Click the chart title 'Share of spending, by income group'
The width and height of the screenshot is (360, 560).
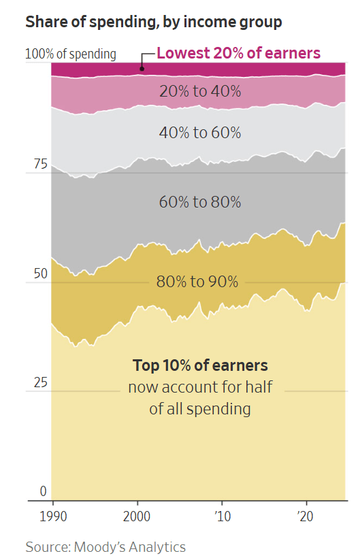point(154,22)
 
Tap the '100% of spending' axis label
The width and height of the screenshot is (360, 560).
point(71,54)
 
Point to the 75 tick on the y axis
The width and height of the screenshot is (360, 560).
point(40,164)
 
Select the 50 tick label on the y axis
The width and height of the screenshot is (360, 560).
point(40,274)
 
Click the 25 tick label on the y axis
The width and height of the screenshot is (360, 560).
point(40,382)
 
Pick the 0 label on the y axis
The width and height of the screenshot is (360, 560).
point(44,491)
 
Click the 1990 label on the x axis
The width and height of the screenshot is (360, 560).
point(53,516)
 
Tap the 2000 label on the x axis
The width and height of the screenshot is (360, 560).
point(137,516)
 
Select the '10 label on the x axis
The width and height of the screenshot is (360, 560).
point(223,516)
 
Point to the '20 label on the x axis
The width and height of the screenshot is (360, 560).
point(305,516)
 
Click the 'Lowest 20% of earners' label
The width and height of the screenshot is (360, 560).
point(239,53)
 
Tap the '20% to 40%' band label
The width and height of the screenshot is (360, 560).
point(200,91)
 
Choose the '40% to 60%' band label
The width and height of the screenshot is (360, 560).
point(200,133)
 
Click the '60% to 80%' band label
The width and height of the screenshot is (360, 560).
point(200,202)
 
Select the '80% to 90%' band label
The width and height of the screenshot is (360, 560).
point(197,282)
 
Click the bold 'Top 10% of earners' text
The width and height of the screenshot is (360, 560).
point(200,365)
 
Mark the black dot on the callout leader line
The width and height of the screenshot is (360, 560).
point(142,69)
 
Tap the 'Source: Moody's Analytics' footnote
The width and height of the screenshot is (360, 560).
point(105,547)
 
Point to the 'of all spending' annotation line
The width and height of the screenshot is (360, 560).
point(200,410)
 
